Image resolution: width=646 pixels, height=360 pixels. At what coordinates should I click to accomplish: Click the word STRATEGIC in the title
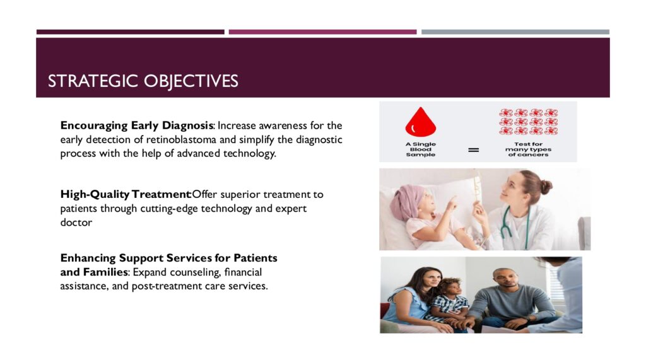(93, 81)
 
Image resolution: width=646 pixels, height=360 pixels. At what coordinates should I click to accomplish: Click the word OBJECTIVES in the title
(191, 81)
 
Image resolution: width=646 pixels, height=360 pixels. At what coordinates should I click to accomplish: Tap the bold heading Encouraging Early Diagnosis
(137, 125)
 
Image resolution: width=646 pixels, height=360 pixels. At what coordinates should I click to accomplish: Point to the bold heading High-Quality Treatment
(126, 194)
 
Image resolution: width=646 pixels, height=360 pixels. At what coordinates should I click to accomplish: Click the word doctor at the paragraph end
(76, 222)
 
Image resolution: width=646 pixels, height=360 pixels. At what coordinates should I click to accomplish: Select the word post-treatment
(167, 286)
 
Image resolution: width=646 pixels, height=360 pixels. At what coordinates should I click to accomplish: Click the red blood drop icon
(421, 122)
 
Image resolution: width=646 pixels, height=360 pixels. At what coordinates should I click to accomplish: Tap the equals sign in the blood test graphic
(474, 150)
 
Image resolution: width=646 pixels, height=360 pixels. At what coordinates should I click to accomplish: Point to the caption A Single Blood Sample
(421, 149)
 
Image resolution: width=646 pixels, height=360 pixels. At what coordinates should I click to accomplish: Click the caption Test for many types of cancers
(528, 149)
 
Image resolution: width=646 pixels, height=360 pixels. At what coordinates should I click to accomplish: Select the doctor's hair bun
(545, 187)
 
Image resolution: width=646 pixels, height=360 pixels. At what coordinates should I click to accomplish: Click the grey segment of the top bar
(515, 32)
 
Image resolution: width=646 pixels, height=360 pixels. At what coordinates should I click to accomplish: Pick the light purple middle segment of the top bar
(322, 32)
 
